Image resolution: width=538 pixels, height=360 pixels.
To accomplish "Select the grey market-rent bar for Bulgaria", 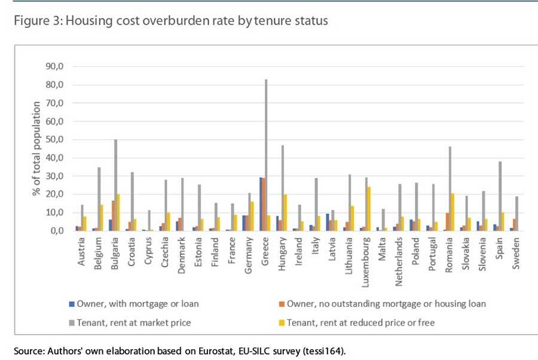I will [x=115, y=185].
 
